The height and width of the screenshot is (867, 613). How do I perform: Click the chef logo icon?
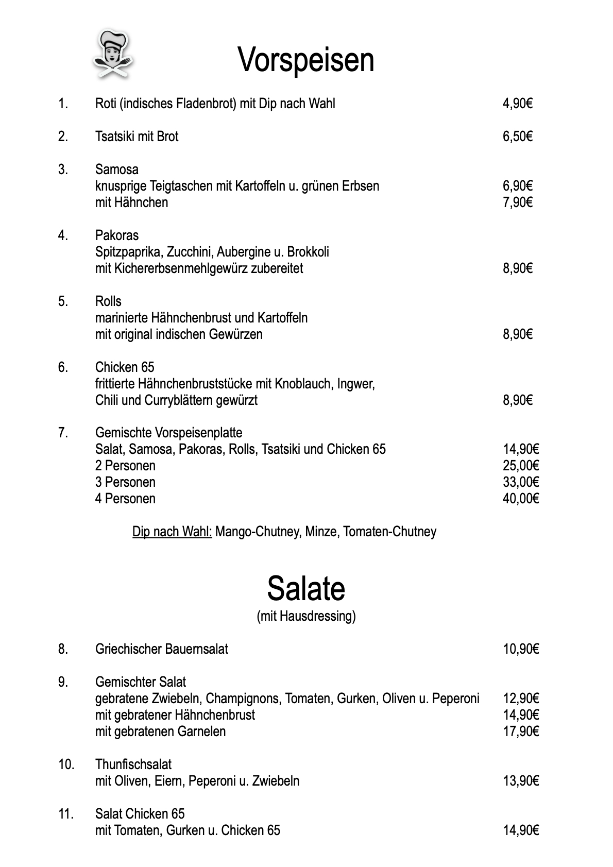(x=113, y=54)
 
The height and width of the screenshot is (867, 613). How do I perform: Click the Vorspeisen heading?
(x=306, y=60)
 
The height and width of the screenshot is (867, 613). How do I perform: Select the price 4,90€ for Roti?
(x=517, y=104)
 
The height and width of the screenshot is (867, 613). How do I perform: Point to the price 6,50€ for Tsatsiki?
(x=517, y=137)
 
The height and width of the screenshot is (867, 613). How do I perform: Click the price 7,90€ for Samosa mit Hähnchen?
(x=517, y=202)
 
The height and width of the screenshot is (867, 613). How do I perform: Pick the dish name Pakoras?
(x=117, y=235)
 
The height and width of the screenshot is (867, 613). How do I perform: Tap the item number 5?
(x=63, y=301)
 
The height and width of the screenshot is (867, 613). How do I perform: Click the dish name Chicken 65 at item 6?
(x=125, y=367)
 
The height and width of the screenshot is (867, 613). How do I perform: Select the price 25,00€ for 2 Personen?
(x=521, y=466)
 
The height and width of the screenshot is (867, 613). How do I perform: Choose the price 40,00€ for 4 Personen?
(x=521, y=499)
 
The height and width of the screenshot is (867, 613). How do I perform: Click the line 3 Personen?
(x=125, y=482)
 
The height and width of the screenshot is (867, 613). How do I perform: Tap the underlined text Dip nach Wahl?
(x=172, y=532)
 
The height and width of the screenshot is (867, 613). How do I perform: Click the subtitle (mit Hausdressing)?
(x=306, y=616)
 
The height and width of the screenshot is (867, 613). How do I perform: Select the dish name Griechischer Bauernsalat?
(x=162, y=649)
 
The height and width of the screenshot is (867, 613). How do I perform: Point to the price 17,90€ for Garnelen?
(x=521, y=732)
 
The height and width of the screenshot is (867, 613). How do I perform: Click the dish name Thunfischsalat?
(x=133, y=764)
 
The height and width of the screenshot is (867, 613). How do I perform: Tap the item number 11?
(x=66, y=814)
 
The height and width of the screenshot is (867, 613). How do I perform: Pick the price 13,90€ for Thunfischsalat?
(x=521, y=781)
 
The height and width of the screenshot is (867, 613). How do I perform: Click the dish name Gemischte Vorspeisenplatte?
(x=168, y=433)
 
